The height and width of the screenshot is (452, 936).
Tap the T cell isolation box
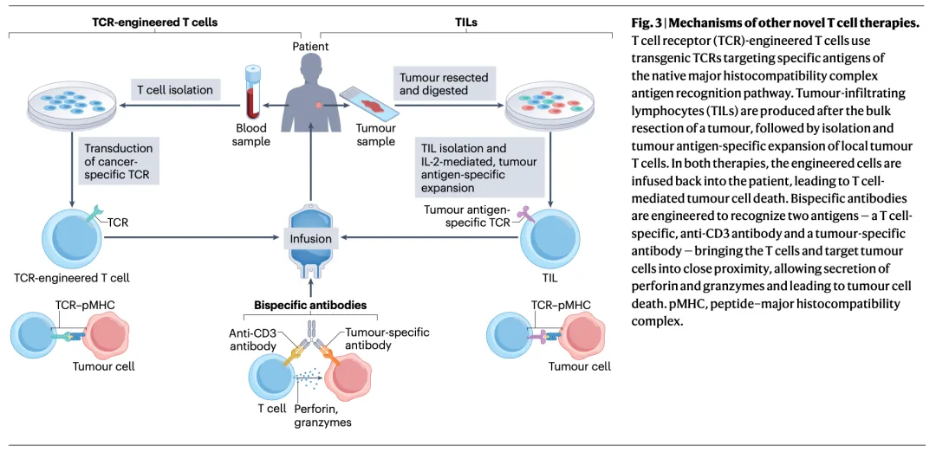coord(173,89)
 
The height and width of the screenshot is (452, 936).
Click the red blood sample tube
coord(253,90)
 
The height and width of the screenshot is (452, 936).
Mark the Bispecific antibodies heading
coord(310,305)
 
